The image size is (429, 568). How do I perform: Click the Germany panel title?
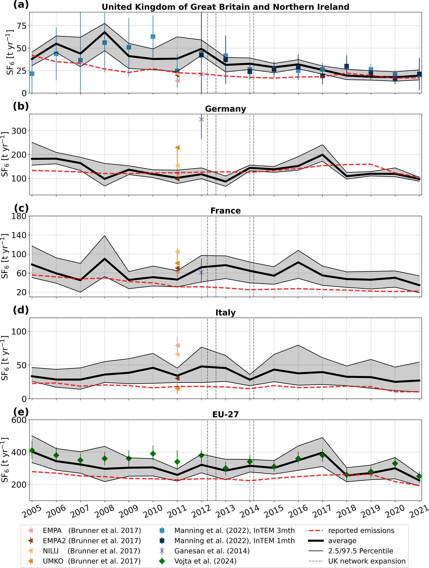(x=225, y=109)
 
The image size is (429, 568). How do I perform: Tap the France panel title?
(x=225, y=211)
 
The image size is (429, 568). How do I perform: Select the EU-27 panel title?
(x=225, y=414)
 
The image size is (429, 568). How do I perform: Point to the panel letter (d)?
(x=21, y=310)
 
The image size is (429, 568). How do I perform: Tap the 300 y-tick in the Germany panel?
(x=19, y=131)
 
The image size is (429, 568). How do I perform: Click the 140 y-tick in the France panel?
(x=19, y=235)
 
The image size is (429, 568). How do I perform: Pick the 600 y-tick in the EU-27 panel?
(x=19, y=420)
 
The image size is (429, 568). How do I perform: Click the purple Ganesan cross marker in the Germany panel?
(x=201, y=119)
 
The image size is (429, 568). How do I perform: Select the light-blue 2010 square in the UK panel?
(x=153, y=37)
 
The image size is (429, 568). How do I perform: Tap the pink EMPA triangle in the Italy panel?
(x=177, y=345)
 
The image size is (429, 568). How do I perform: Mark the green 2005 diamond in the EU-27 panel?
(x=32, y=450)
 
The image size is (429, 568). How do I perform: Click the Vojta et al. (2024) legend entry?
(x=205, y=561)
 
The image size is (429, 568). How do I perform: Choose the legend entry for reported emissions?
(x=361, y=530)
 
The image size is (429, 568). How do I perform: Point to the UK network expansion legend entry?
(x=367, y=561)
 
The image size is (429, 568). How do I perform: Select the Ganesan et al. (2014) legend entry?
(x=212, y=551)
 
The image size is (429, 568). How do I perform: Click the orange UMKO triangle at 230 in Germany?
(x=177, y=147)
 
